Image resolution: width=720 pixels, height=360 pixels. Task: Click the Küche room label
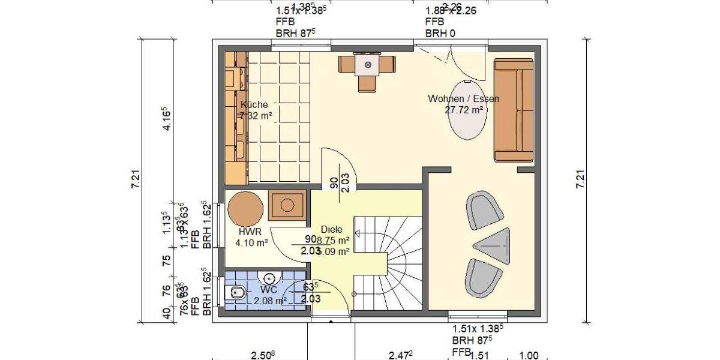pos(254,104)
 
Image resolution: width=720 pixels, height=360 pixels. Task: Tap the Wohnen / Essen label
pos(463,98)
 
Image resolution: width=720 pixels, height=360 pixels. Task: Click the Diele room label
pos(331,229)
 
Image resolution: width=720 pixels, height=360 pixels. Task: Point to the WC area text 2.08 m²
pos(269,301)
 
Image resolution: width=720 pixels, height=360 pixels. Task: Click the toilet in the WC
pos(235,293)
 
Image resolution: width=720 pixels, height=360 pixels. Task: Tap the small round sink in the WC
pos(269,278)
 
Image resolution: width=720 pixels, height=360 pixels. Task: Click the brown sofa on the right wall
pos(514,110)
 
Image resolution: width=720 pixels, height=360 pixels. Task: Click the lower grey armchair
pos(484,277)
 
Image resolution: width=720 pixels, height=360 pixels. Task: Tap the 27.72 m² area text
pos(464,110)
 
